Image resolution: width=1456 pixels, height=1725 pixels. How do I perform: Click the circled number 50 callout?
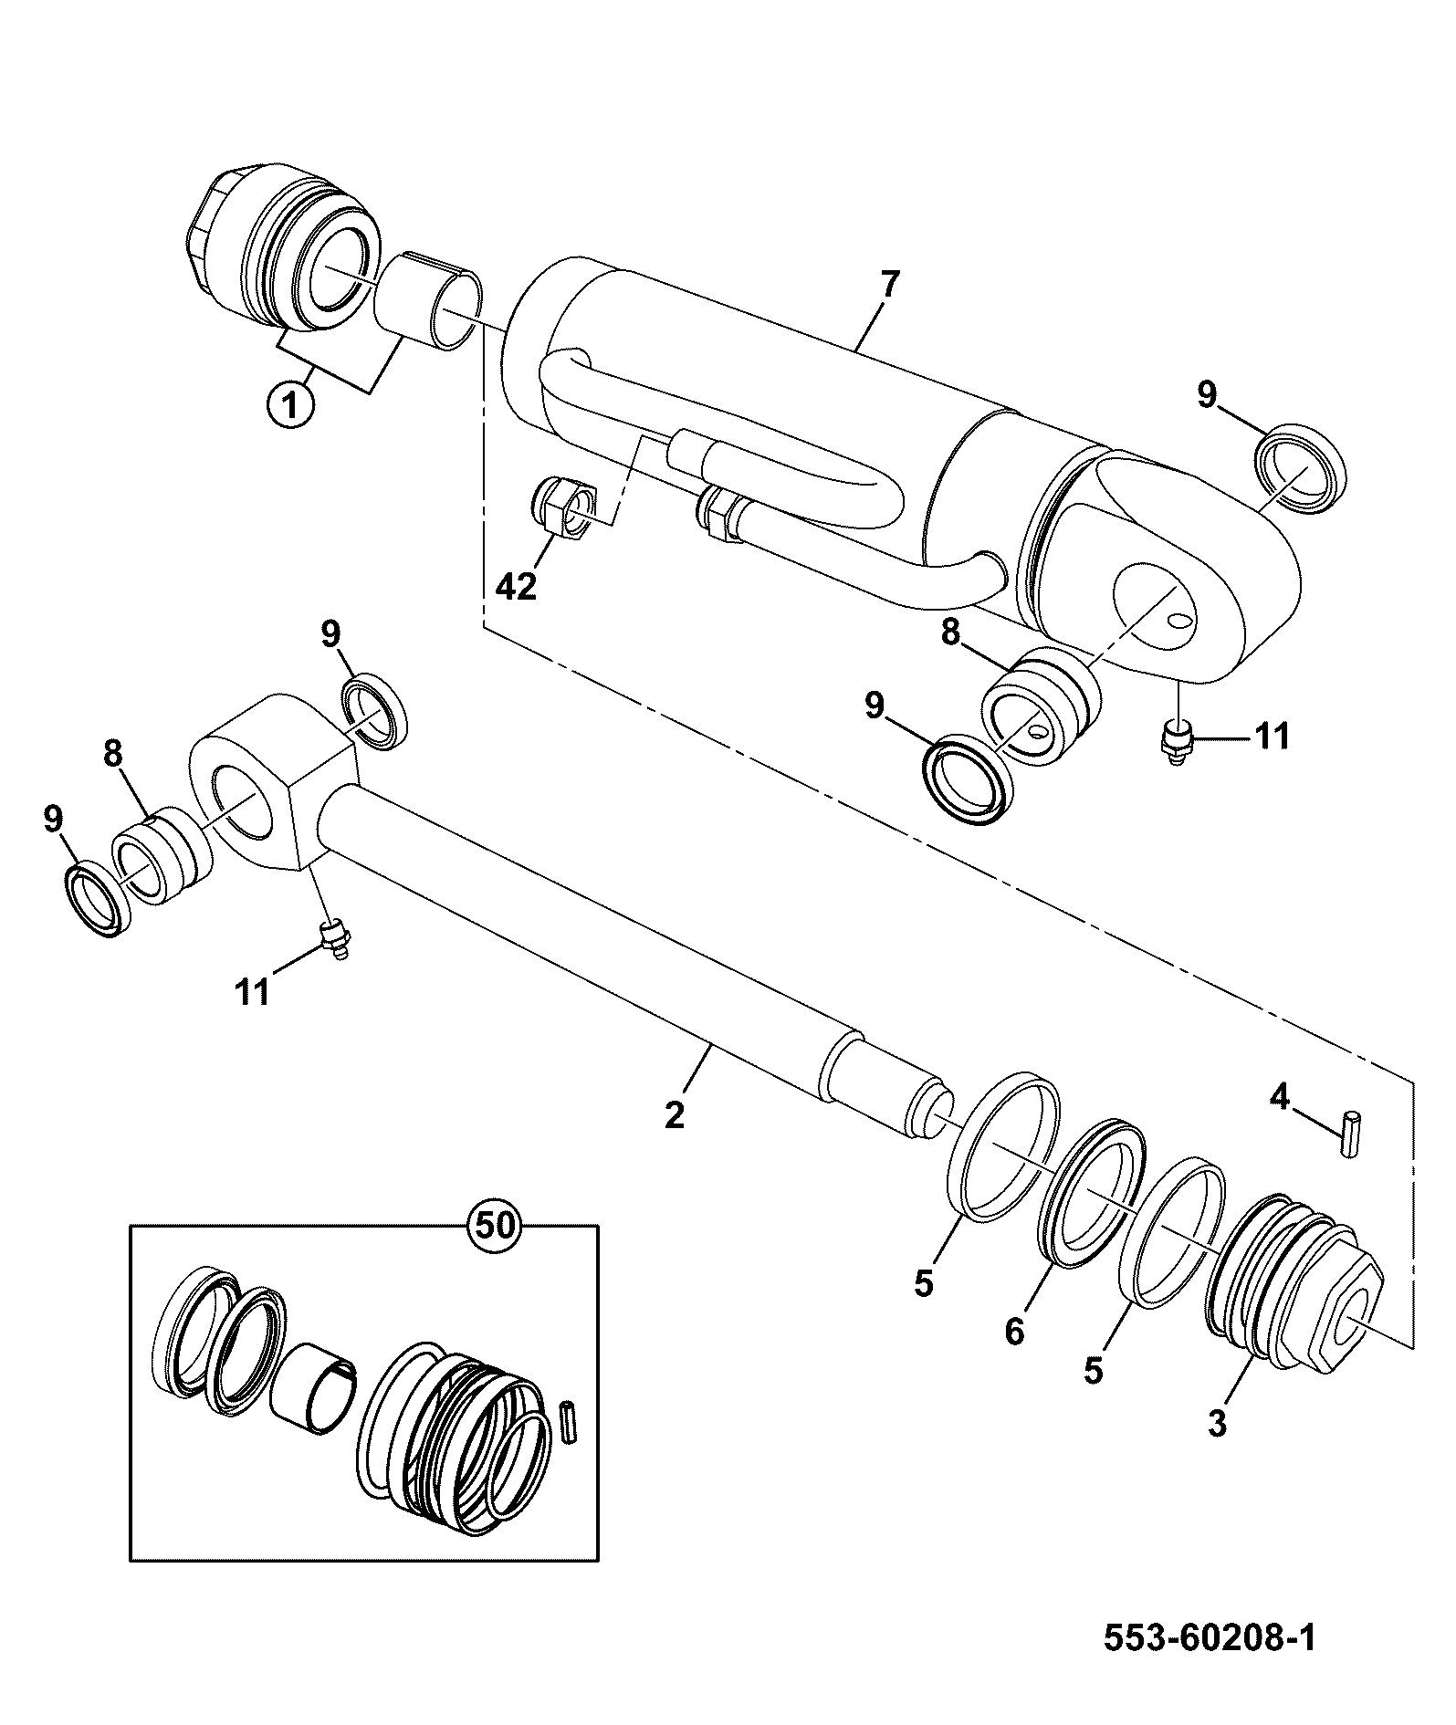pos(495,1226)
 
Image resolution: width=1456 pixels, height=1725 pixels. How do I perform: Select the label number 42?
pos(516,585)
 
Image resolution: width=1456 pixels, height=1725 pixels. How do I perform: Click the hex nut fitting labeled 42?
pos(563,508)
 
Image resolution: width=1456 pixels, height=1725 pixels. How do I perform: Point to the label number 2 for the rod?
pos(675,1114)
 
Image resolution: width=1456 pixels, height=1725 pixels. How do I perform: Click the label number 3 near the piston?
pos(1218,1424)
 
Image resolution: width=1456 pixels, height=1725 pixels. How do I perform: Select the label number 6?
pos(1015,1331)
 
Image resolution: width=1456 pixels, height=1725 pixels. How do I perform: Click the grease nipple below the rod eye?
pos(337,940)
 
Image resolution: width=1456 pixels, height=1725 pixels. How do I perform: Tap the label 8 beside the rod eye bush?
pos(112,755)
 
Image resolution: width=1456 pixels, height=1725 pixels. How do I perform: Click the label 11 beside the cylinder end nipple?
pos(1271,736)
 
